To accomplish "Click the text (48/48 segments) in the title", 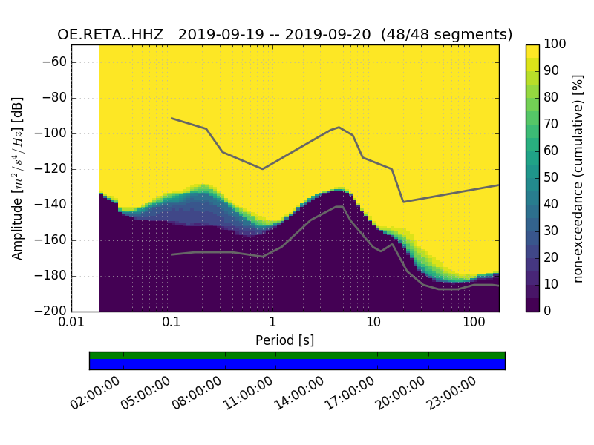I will tap(447, 35).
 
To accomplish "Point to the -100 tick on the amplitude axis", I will tap(53, 133).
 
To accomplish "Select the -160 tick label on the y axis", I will tap(53, 240).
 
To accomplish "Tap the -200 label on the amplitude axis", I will tap(53, 311).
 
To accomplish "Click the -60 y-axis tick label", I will tap(56, 62).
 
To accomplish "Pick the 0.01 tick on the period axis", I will tap(71, 323).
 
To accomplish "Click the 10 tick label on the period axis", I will tap(373, 323).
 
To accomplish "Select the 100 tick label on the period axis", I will tap(474, 323).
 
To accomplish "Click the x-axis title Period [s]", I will tap(285, 340).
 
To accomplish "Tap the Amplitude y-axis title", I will tap(18, 178).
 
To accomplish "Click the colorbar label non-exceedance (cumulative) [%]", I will tap(578, 178).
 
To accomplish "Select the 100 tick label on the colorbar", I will tap(555, 44).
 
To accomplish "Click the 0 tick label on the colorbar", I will tap(548, 311).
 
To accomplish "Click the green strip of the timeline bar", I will tap(297, 355).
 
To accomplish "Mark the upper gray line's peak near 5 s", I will tap(339, 127).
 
